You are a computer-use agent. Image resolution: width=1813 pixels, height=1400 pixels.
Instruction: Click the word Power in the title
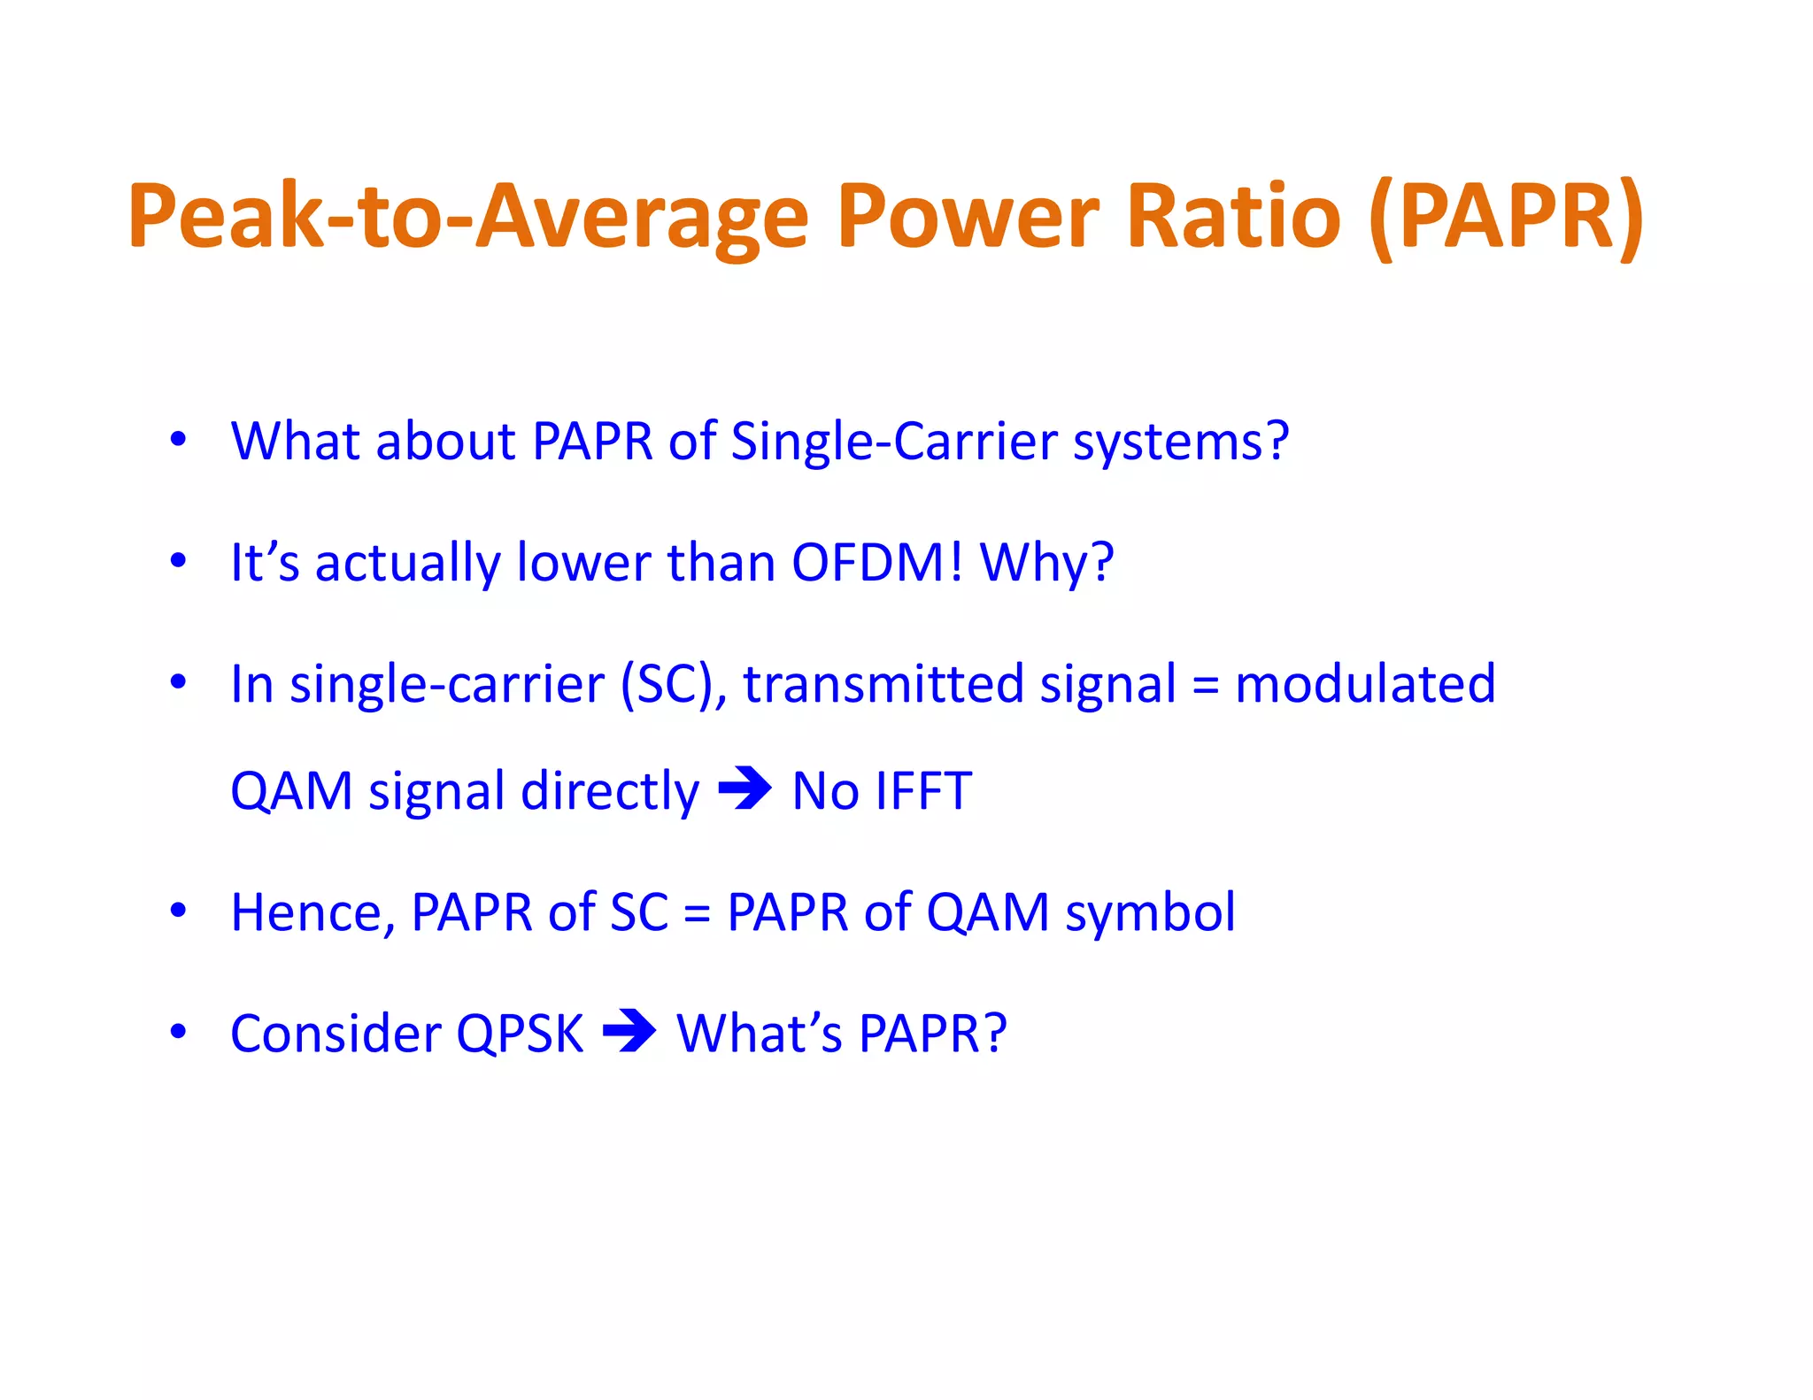pyautogui.click(x=968, y=217)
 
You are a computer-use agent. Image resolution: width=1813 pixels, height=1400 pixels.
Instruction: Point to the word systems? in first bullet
pyautogui.click(x=1181, y=442)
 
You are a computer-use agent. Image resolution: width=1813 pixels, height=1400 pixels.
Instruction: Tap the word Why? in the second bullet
pyautogui.click(x=1046, y=564)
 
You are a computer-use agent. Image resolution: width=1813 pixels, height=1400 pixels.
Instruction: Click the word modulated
pyautogui.click(x=1365, y=684)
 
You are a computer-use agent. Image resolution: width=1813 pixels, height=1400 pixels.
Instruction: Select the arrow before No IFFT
pyautogui.click(x=744, y=788)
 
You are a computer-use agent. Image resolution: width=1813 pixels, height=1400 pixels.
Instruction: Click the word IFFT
pyautogui.click(x=923, y=791)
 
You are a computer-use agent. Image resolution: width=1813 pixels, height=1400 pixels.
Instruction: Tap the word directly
pyautogui.click(x=610, y=791)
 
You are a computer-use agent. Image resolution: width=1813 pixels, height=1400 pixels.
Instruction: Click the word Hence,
pyautogui.click(x=312, y=912)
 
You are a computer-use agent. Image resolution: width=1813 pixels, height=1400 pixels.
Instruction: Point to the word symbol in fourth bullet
pyautogui.click(x=1150, y=912)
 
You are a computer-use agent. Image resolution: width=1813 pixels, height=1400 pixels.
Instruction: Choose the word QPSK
pyautogui.click(x=520, y=1034)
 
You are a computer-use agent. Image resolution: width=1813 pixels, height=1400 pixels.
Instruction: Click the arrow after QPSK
pyautogui.click(x=629, y=1031)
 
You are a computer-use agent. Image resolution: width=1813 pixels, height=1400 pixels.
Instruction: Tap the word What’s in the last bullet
pyautogui.click(x=759, y=1034)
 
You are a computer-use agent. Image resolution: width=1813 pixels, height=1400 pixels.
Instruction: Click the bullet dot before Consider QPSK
pyautogui.click(x=179, y=1031)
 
